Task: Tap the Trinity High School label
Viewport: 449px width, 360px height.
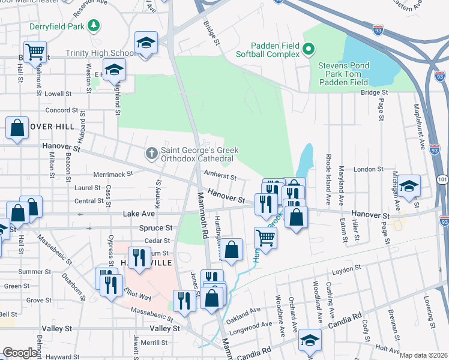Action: (100, 53)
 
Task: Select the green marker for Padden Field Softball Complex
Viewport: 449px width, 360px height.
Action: (309, 49)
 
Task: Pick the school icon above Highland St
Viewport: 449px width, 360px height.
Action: (114, 70)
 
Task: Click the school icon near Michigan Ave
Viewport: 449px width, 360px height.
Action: (409, 185)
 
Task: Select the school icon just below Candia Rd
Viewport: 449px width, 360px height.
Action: (310, 340)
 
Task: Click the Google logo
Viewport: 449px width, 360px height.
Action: (20, 353)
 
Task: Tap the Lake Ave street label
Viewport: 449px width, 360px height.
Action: (137, 213)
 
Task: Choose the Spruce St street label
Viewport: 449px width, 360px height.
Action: (157, 228)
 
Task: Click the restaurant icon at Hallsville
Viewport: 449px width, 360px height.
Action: (139, 257)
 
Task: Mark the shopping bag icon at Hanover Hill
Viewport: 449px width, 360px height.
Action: (17, 128)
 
